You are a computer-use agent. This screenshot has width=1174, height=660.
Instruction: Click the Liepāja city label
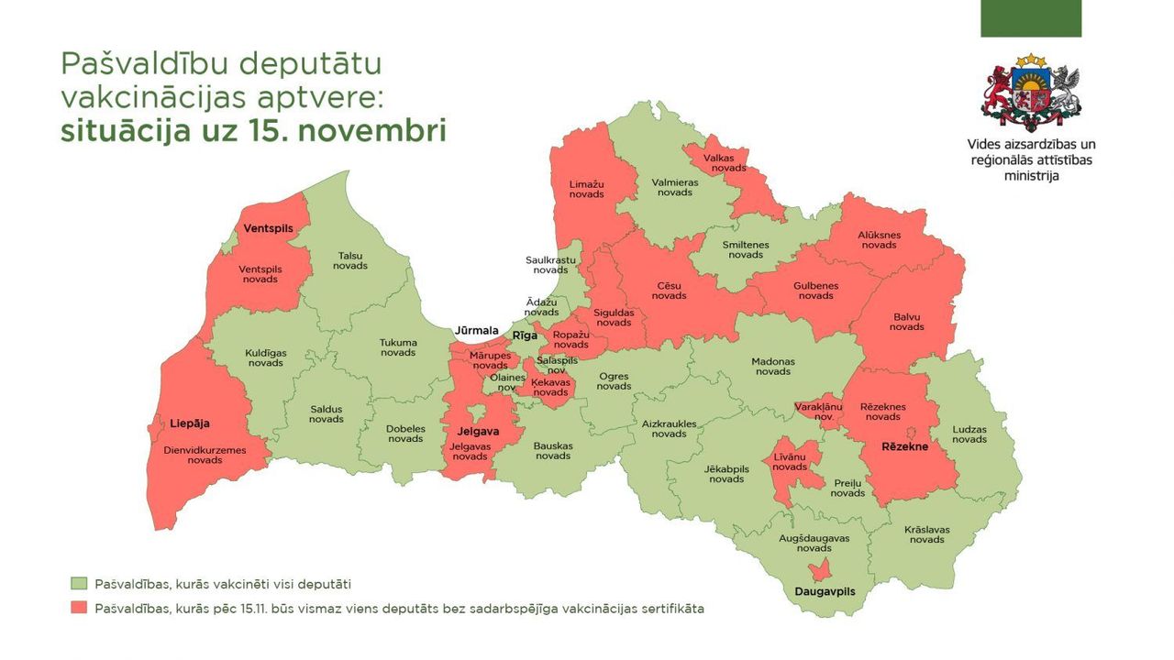[x=190, y=423]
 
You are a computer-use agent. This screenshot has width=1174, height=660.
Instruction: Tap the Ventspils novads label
[x=260, y=274]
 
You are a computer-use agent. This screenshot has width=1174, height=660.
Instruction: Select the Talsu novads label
[x=351, y=260]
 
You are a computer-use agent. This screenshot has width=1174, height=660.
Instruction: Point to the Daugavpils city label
[x=824, y=592]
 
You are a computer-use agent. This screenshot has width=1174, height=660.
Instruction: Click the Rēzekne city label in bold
[x=904, y=446]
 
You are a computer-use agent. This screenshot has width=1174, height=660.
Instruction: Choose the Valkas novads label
[x=718, y=162]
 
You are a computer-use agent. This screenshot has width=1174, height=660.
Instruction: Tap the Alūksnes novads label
[x=879, y=239]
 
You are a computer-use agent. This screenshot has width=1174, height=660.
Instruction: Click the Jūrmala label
[x=475, y=330]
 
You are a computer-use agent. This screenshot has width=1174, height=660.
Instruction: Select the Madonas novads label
[x=773, y=366]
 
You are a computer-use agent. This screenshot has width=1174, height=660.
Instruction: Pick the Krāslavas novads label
[x=926, y=534]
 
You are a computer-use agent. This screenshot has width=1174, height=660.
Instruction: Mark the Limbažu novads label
[x=586, y=189]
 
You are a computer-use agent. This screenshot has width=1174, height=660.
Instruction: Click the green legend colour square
[x=79, y=584]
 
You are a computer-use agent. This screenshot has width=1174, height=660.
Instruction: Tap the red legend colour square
[x=79, y=609]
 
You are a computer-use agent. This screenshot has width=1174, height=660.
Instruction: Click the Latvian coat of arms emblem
[x=1031, y=93]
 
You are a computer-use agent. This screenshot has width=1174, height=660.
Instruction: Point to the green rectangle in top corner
[x=1031, y=18]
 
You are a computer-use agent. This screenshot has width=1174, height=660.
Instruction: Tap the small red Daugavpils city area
[x=823, y=568]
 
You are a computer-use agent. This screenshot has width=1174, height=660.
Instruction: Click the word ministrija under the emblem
[x=1031, y=175]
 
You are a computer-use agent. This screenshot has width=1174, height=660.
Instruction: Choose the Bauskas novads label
[x=553, y=451]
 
